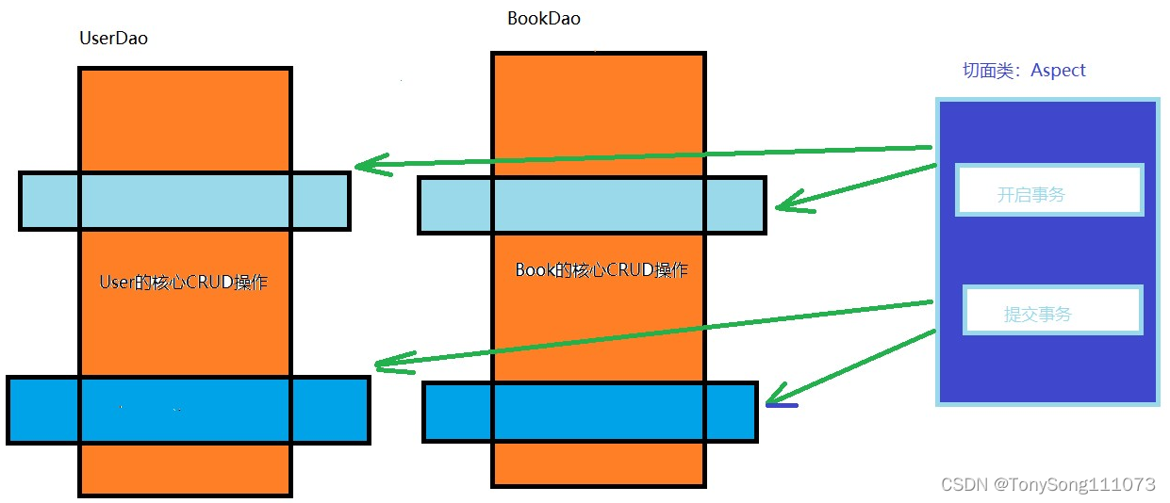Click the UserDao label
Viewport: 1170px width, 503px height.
point(114,39)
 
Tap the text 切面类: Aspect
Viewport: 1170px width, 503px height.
point(1023,71)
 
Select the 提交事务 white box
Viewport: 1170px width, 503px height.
point(1051,310)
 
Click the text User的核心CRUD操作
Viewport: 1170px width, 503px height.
point(183,282)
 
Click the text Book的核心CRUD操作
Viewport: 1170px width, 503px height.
point(601,270)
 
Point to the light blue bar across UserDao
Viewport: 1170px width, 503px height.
point(185,201)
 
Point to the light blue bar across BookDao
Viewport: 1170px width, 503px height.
point(591,205)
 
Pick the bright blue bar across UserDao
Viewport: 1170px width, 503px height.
point(188,410)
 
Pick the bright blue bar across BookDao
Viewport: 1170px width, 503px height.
point(589,412)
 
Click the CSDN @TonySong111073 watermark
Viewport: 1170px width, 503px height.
point(1047,484)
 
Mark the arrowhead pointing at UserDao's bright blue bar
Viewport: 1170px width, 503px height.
point(387,363)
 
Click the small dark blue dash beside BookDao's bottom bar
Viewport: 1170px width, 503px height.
point(782,406)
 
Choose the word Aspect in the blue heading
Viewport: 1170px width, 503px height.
point(1058,71)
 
